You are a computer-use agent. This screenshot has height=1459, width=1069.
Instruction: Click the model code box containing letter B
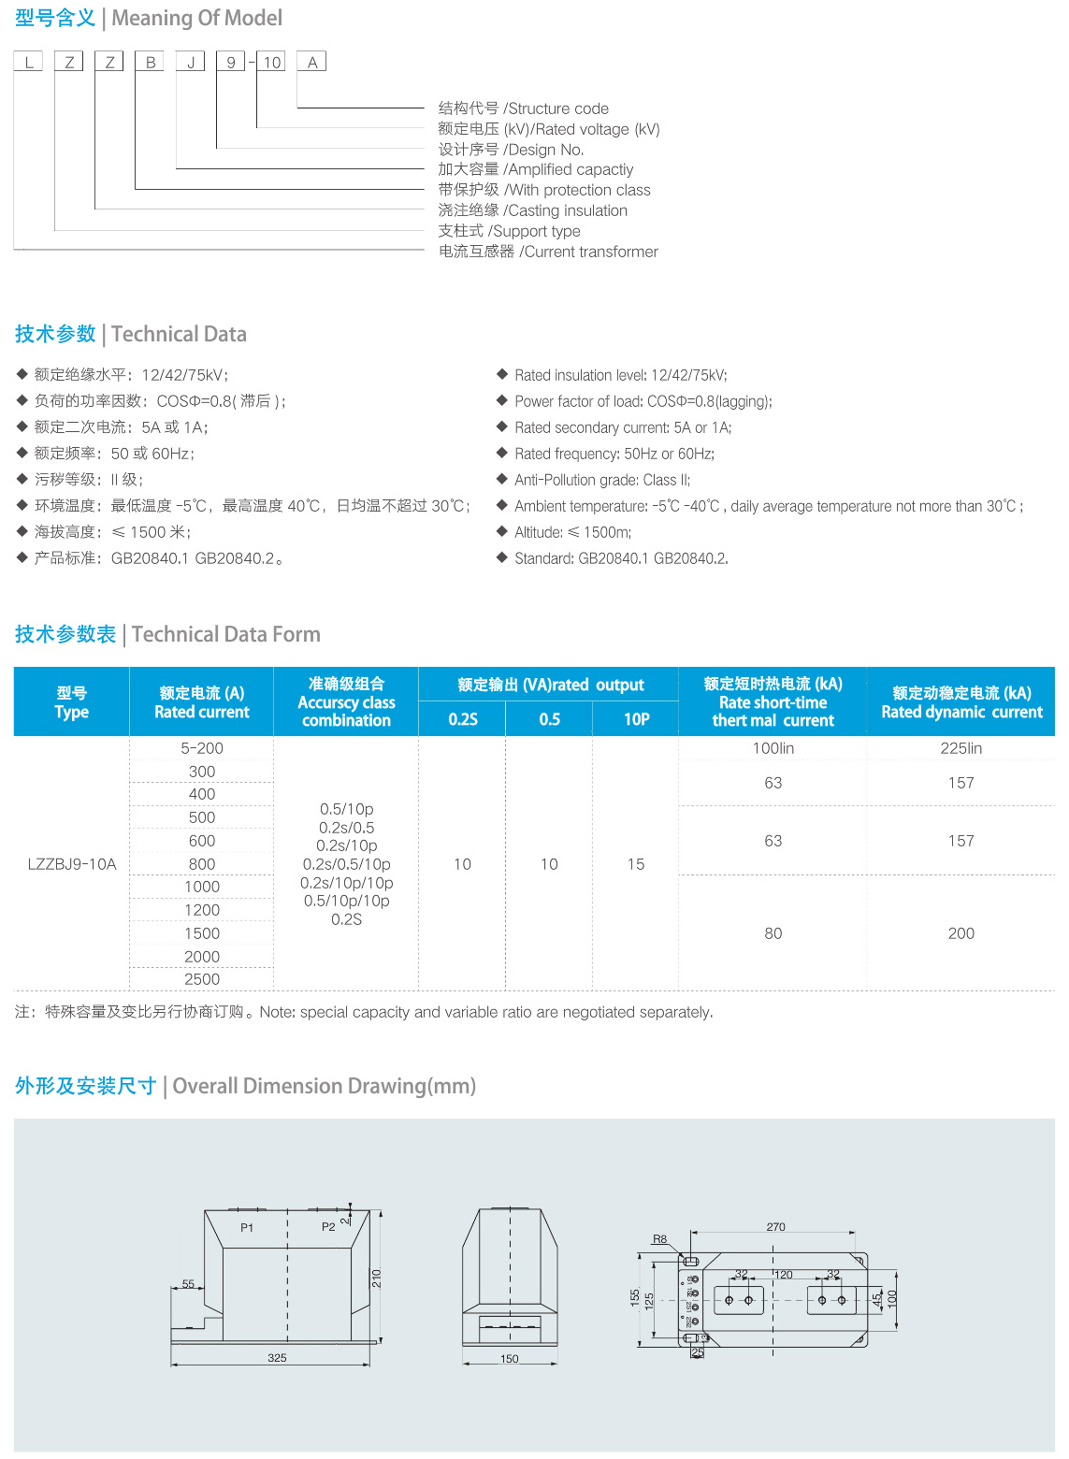pos(150,63)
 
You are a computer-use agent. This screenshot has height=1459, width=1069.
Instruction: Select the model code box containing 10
pos(271,63)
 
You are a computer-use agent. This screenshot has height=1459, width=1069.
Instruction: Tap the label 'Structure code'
pos(524,108)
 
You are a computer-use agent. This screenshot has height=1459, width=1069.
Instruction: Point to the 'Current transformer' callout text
pos(548,252)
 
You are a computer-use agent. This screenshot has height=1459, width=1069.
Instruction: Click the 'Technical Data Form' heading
pos(225,634)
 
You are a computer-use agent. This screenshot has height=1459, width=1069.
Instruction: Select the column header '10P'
pos(636,719)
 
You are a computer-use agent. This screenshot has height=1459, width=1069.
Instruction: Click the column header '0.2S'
pos(462,719)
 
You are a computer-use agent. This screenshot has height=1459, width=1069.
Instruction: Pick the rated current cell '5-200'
pos(202,748)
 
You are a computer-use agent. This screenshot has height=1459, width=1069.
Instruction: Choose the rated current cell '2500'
pos(202,979)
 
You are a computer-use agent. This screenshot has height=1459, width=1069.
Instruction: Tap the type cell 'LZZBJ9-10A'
pos(72,864)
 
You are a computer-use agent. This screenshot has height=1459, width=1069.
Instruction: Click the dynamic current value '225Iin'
pos(961,748)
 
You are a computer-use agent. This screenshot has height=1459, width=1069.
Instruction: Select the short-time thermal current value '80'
pos(773,933)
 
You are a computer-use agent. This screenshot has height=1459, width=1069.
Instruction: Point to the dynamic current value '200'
pos(961,933)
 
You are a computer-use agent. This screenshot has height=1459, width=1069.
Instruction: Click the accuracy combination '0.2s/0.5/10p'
pos(346,864)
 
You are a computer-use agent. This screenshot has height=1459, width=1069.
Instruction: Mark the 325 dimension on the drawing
pos(277,1358)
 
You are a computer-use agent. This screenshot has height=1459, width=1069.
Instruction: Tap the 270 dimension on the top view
pos(775,1227)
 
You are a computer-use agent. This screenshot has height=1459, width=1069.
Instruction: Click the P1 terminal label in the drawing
pos(247,1228)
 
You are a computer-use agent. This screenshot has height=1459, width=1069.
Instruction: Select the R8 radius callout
pos(659,1239)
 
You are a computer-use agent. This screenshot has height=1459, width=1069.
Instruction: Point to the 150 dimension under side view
pos(509,1359)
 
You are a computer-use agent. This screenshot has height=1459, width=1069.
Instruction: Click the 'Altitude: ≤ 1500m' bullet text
pos(572,532)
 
